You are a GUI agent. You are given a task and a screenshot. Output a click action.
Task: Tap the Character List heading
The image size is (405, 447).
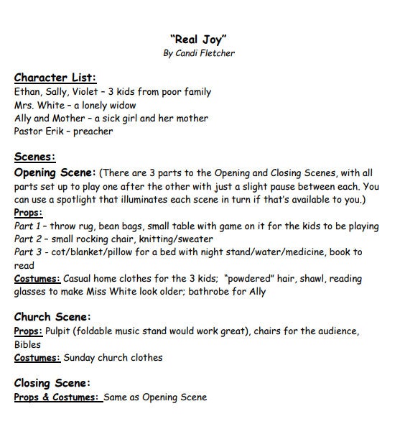tap(55, 78)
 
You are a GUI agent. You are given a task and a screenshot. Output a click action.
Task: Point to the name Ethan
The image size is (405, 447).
tap(27, 92)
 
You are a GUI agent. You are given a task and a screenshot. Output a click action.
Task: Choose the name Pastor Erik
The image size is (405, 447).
tap(40, 132)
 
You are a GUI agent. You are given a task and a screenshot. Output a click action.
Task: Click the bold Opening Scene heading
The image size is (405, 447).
tap(55, 172)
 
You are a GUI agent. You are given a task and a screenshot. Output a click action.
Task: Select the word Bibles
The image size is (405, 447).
tap(28, 344)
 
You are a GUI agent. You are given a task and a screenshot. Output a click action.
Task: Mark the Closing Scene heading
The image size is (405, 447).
tap(52, 382)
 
